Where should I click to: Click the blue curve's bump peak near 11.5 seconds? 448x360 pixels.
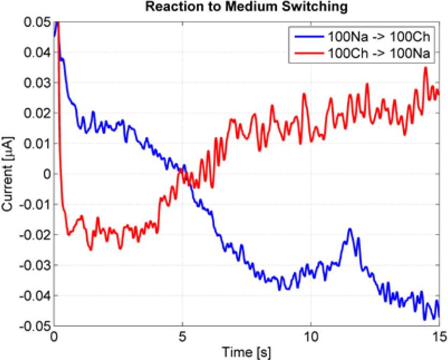[350, 229]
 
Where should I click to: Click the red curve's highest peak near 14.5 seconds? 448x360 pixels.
[426, 67]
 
